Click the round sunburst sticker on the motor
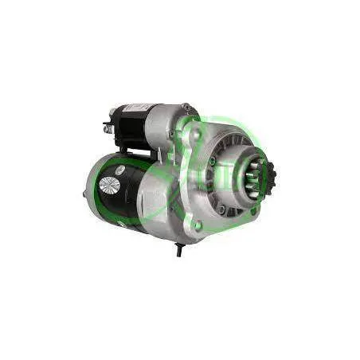(110, 186)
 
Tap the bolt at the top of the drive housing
(186, 108)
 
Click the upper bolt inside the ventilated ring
(213, 160)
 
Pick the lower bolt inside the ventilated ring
(221, 209)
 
